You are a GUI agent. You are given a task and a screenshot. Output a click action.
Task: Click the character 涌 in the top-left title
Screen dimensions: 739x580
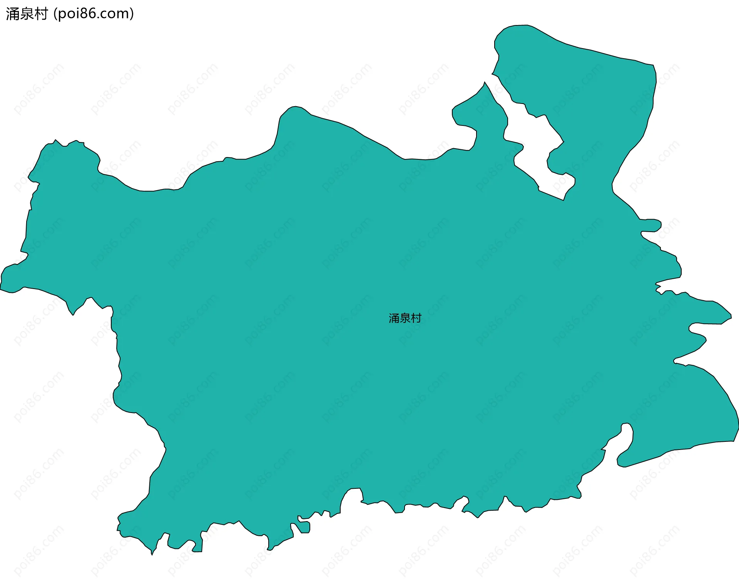click(12, 14)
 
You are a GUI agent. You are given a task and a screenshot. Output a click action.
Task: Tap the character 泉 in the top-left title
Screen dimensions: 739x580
click(27, 14)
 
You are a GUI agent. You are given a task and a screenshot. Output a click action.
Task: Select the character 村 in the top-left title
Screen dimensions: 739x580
click(41, 14)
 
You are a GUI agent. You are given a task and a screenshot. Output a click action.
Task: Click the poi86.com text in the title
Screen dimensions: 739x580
click(94, 14)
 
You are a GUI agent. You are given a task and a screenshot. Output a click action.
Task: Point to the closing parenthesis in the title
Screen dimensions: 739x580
click(132, 14)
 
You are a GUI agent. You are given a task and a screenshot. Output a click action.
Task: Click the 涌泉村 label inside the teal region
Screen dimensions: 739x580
click(405, 318)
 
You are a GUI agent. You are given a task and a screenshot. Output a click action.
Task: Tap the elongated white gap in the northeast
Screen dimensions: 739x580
click(535, 150)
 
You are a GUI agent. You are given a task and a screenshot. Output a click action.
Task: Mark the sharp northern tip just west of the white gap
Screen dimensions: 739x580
click(485, 82)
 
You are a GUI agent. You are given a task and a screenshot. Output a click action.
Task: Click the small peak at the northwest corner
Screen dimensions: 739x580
click(55, 140)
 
